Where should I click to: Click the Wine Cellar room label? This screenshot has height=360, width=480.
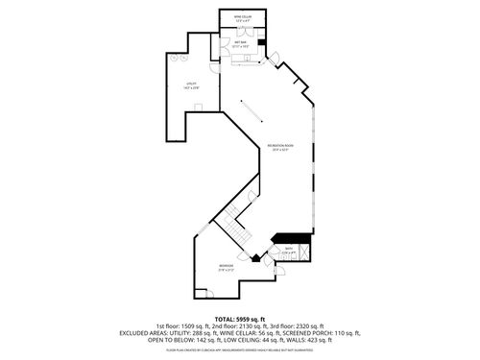pyautogui.click(x=243, y=17)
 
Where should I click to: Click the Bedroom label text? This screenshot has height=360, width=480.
pyautogui.click(x=225, y=266)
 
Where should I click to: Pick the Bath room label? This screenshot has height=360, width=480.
pyautogui.click(x=288, y=251)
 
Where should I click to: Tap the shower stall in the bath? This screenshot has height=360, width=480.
pyautogui.click(x=303, y=252)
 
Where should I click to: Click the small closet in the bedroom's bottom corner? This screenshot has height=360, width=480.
pyautogui.click(x=198, y=293)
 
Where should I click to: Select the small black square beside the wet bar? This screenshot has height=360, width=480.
pyautogui.click(x=263, y=42)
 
